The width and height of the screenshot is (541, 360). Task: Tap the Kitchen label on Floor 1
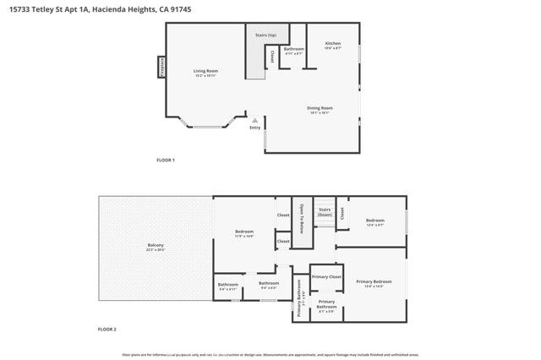tap(334, 43)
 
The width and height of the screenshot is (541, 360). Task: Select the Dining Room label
tap(320, 108)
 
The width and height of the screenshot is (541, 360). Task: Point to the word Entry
tap(254, 128)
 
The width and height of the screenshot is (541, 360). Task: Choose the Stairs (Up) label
tap(265, 35)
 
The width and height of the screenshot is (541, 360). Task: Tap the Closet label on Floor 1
tap(272, 57)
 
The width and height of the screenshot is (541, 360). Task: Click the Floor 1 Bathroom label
tap(293, 49)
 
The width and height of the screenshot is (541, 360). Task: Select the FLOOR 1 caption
tap(166, 160)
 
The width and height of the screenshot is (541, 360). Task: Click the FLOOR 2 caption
tap(107, 328)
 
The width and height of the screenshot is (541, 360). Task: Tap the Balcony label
tap(155, 246)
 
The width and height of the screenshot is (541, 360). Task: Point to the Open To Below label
tap(300, 218)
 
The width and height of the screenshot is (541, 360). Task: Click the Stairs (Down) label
tap(325, 212)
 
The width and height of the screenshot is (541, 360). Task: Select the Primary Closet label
tap(326, 277)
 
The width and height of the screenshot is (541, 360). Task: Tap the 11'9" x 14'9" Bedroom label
tap(244, 232)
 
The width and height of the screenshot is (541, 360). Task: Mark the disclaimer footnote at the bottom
tap(270, 354)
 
